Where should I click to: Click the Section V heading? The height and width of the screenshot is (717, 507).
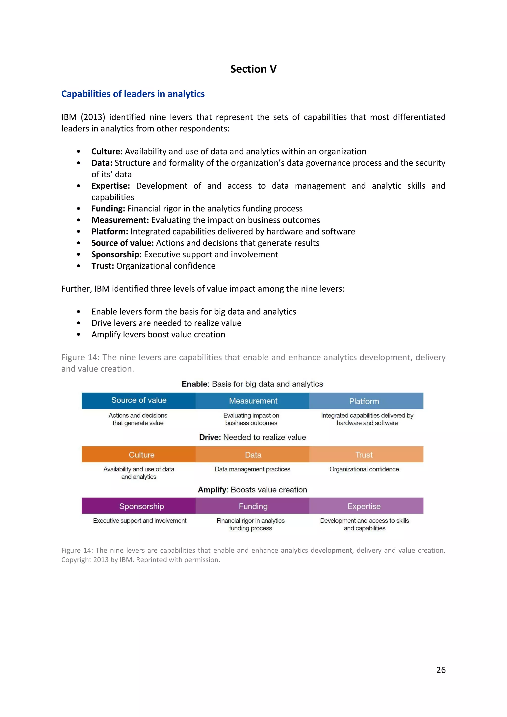(253, 69)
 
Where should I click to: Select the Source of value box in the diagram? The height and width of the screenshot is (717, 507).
(139, 401)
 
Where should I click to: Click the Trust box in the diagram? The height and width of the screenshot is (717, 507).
(364, 454)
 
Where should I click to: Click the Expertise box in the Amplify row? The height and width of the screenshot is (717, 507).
(364, 506)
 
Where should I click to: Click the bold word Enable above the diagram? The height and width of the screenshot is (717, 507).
(195, 384)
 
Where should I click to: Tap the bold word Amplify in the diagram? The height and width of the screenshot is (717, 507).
(212, 490)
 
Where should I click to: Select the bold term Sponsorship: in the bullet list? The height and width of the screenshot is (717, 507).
(116, 254)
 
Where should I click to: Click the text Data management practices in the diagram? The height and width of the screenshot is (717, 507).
(252, 469)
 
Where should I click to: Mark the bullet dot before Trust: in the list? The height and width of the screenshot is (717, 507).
(79, 266)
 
